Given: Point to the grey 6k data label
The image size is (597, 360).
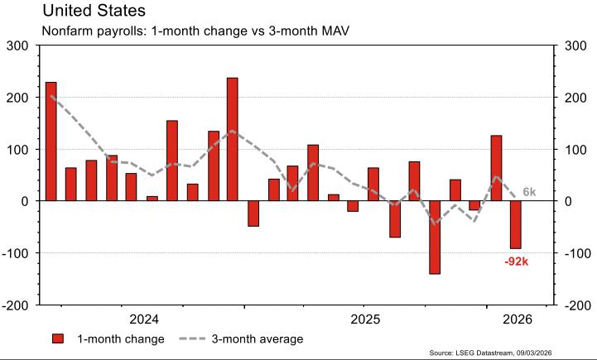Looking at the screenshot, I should pos(529,193).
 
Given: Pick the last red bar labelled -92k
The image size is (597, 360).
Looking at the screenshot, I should pos(516,225).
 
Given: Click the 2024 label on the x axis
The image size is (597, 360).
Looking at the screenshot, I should pos(145,319).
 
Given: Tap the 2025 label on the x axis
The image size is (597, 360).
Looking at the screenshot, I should pos(365,319).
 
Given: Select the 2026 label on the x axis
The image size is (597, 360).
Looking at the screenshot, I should pos(517,319).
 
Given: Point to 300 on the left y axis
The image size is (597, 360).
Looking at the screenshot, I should pos(17,46).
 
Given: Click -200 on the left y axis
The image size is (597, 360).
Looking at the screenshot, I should pos(16,305).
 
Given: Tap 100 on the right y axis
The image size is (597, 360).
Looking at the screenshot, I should pos(577,150).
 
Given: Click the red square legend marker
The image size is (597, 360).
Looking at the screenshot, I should pos(58,338).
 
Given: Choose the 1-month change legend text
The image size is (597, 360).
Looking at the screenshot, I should pos(121,338).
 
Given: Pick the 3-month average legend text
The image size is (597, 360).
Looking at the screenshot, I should pos(258,338).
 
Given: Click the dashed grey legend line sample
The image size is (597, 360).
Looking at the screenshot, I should pos(193,338).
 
